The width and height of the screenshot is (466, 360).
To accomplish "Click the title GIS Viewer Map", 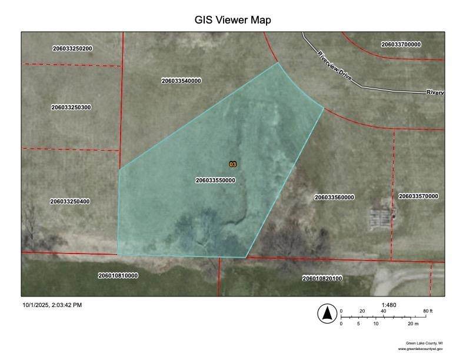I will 232,19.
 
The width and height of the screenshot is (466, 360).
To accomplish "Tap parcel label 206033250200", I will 72,48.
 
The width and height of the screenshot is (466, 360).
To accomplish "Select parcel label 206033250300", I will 71,108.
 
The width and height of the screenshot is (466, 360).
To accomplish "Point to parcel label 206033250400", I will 70,202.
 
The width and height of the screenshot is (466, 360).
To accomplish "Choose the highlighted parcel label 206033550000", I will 215,181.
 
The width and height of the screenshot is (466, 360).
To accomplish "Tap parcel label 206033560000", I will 334,197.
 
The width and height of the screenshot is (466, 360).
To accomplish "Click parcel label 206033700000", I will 401,44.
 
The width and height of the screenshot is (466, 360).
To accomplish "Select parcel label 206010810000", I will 118,275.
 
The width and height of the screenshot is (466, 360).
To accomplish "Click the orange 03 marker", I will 232,164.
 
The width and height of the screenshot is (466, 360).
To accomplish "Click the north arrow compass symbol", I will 326,314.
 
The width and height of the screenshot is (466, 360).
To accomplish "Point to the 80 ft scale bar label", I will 428,311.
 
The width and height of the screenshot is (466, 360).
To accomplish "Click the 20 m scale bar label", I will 412,324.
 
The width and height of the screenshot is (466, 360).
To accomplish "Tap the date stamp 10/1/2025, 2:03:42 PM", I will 52,305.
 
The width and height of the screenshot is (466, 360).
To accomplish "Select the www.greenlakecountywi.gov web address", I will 420,349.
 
